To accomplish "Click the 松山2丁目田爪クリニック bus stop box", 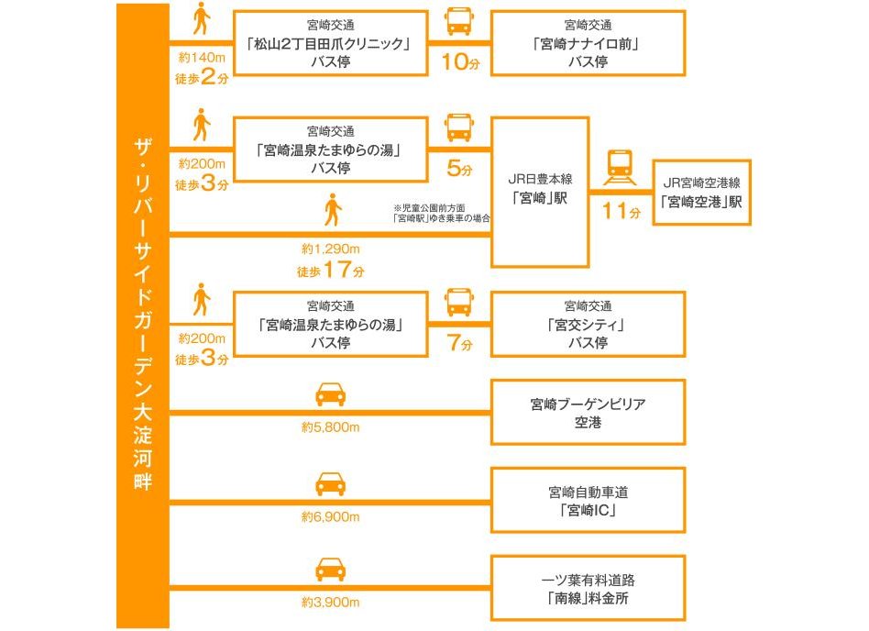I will (331, 43).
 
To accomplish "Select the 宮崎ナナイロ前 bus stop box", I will (588, 43).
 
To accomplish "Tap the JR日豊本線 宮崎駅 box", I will (540, 192).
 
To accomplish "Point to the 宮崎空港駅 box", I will (701, 193).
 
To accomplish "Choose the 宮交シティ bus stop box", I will (588, 324).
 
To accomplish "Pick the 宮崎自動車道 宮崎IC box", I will (588, 500).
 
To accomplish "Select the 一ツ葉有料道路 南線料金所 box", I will (588, 588).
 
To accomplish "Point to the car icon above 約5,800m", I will (331, 394).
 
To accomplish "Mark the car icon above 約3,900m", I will (331, 570).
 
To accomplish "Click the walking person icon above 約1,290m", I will (332, 212).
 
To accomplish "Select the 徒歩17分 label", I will (331, 271).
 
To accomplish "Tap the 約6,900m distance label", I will (330, 516).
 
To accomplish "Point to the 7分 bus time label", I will (459, 345).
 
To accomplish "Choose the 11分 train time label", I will (620, 213).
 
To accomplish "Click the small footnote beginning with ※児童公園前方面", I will (440, 213).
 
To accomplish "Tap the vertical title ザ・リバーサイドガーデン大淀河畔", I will (142, 312).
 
